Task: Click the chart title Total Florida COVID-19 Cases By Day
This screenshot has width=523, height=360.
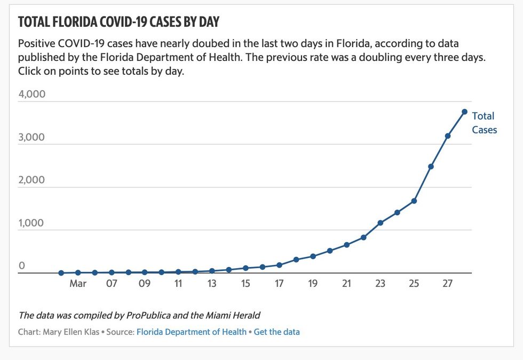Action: pyautogui.click(x=119, y=22)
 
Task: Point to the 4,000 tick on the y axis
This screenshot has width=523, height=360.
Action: pyautogui.click(x=32, y=94)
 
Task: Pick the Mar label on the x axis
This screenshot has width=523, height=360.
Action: pyautogui.click(x=78, y=284)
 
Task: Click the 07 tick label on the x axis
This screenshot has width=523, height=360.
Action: pyautogui.click(x=111, y=284)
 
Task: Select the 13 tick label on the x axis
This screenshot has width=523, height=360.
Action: pyautogui.click(x=212, y=284)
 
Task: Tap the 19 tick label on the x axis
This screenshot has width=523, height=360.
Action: pyautogui.click(x=313, y=284)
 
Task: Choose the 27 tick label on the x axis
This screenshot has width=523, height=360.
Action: pyautogui.click(x=447, y=284)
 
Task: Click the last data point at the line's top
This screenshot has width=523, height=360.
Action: pyautogui.click(x=464, y=112)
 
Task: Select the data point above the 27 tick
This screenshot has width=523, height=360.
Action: pyautogui.click(x=447, y=136)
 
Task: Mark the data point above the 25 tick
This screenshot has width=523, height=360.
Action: pyautogui.click(x=414, y=201)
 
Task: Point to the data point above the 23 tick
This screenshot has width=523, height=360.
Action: pyautogui.click(x=381, y=223)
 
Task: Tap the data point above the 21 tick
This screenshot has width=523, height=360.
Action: pyautogui.click(x=346, y=245)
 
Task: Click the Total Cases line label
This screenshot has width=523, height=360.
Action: pyautogui.click(x=484, y=123)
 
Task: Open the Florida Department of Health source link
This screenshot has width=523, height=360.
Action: pyautogui.click(x=192, y=332)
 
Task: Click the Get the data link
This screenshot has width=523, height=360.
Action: pyautogui.click(x=276, y=332)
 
